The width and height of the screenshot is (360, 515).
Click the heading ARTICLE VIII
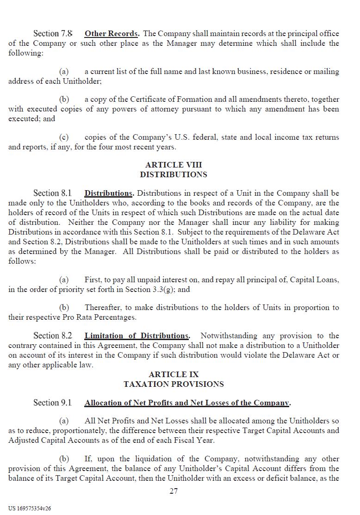[174, 165]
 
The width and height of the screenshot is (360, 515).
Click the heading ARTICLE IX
[174, 374]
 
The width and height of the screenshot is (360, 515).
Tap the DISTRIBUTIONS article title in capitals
[174, 174]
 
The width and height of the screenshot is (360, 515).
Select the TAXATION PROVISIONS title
[174, 384]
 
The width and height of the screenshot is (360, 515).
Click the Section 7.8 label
[53, 34]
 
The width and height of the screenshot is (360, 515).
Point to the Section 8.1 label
[53, 193]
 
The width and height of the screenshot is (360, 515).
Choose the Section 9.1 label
[53, 403]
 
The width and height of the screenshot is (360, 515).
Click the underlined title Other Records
[112, 34]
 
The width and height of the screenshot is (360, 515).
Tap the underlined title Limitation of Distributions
[137, 336]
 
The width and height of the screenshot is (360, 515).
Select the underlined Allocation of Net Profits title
[187, 403]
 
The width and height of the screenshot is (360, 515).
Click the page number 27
[174, 491]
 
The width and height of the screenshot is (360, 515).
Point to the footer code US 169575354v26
[30, 508]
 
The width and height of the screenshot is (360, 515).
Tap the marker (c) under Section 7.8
[64, 137]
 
